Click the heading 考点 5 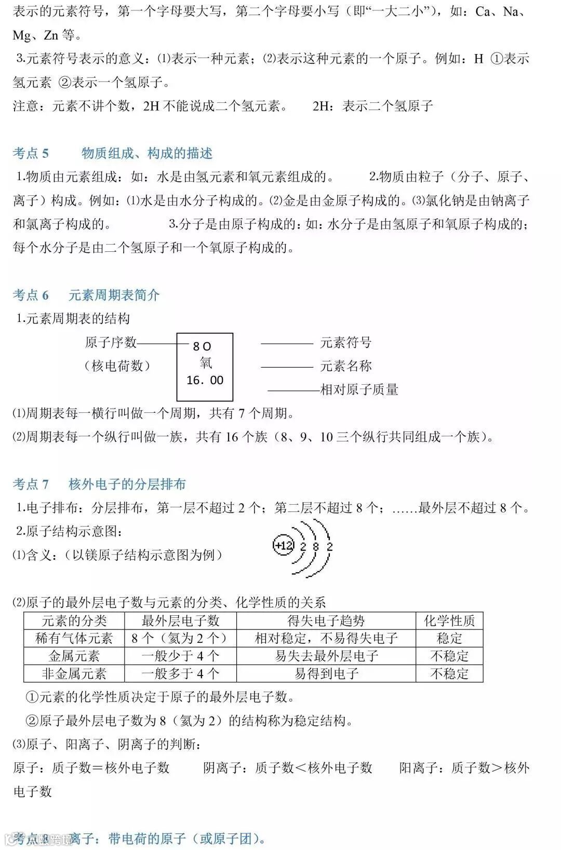[x=31, y=153]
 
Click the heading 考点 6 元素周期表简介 [x=86, y=295]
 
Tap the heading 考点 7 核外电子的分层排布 [x=99, y=484]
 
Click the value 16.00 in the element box [x=205, y=381]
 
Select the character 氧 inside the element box [x=206, y=363]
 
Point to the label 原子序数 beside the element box [x=111, y=342]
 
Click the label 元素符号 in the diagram [x=346, y=343]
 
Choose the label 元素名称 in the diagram [x=346, y=366]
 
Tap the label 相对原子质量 [x=359, y=389]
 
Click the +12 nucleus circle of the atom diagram [x=284, y=546]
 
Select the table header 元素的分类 [x=74, y=620]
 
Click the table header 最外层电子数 [x=180, y=620]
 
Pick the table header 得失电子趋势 [x=326, y=620]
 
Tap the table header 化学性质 [x=449, y=620]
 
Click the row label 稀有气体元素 [x=74, y=638]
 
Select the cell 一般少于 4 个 [x=180, y=656]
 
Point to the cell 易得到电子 [x=326, y=674]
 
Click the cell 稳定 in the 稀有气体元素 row [x=449, y=638]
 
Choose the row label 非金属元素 [x=74, y=674]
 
